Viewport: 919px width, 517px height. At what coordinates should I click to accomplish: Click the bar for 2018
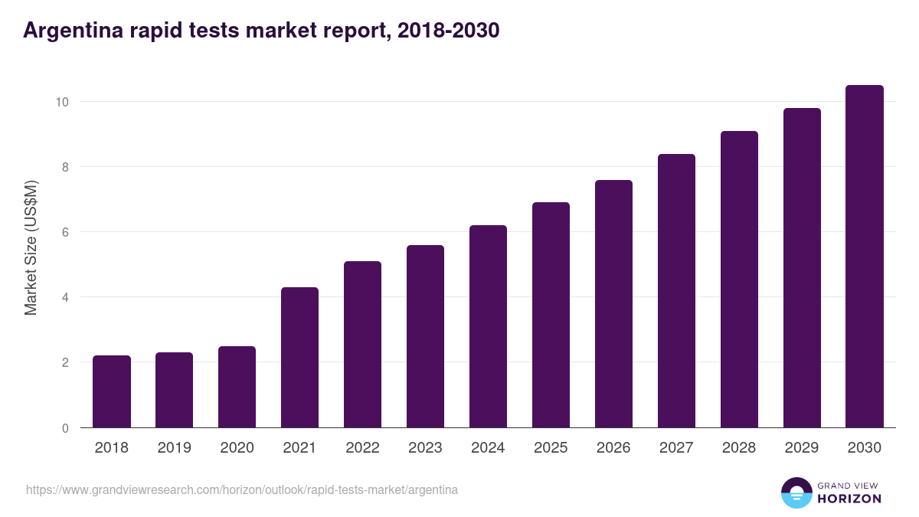tap(112, 391)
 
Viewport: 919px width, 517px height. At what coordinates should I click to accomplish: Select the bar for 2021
tap(299, 358)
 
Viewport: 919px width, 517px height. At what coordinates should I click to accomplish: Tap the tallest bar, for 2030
tap(865, 257)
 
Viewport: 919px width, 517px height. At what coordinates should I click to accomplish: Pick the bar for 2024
tap(488, 326)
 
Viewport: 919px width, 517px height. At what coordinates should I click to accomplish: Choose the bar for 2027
tap(676, 291)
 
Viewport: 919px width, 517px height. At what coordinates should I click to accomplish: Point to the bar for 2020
tap(237, 387)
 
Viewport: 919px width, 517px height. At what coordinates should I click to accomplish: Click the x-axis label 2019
tap(175, 448)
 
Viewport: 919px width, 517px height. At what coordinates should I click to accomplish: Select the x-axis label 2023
tap(425, 448)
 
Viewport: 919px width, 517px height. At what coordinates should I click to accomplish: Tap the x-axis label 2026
tap(613, 448)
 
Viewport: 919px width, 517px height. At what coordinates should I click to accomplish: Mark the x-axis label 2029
tap(802, 448)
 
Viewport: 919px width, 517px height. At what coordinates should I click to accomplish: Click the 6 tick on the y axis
tap(66, 232)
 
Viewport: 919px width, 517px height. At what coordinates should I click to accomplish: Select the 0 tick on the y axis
tap(66, 428)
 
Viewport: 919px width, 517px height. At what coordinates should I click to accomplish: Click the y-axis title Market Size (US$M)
tap(31, 247)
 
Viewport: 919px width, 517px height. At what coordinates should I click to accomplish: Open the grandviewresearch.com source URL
tap(242, 489)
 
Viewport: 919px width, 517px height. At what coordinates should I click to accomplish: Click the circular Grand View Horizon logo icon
tap(796, 492)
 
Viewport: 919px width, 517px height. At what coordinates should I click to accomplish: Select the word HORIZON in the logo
tap(849, 499)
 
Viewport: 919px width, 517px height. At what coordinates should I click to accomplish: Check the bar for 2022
tap(362, 345)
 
